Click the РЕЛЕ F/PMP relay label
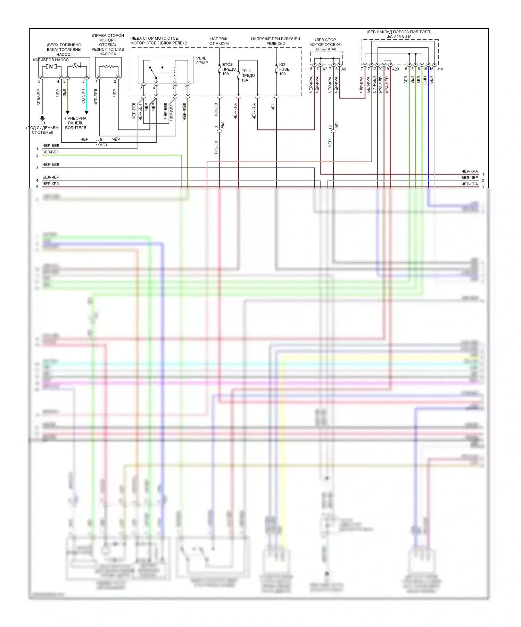tap(202, 61)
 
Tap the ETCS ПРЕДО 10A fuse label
tap(229, 69)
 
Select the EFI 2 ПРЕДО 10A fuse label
tap(248, 75)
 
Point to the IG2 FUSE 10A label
tap(284, 69)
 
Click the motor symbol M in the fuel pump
tap(51, 66)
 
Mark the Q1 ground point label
tap(43, 123)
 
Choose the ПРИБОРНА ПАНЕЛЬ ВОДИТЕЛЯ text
tap(75, 123)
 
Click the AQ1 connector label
tap(104, 145)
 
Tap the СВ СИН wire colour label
tap(83, 96)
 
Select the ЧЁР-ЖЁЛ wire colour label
tap(184, 111)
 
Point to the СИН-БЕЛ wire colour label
tap(374, 85)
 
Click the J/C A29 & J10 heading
tap(399, 37)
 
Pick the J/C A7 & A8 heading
tap(325, 49)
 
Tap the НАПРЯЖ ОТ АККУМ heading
tap(219, 41)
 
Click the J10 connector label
tap(440, 69)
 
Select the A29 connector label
tap(395, 69)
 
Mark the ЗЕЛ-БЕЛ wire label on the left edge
tap(51, 152)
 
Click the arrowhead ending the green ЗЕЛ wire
tap(67, 112)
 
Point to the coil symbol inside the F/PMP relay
tap(175, 72)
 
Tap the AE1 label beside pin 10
tap(337, 125)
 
